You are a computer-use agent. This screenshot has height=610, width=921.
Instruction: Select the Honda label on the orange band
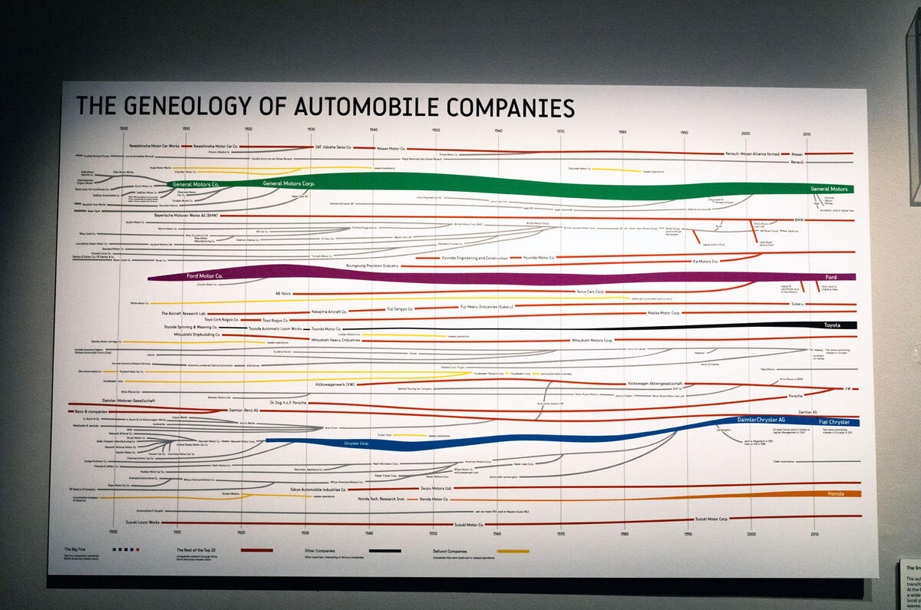point(836,494)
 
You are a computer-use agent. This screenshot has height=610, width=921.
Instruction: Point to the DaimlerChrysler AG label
point(760,420)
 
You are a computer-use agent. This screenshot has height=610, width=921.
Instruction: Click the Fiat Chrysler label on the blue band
point(834,422)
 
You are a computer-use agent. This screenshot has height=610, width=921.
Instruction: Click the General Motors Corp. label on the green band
point(289,184)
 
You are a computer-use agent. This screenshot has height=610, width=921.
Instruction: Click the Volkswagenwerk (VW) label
point(335,383)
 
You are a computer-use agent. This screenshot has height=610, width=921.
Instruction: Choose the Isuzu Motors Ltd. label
point(437,487)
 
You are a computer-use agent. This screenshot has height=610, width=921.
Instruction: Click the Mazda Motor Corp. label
point(665,313)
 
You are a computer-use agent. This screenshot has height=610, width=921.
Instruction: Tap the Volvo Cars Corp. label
point(590,292)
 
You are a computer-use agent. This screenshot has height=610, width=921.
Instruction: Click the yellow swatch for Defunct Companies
point(513,551)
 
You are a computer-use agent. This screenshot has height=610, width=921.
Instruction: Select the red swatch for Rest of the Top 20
point(256,550)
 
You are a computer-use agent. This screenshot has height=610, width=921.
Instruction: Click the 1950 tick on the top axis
point(436,130)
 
